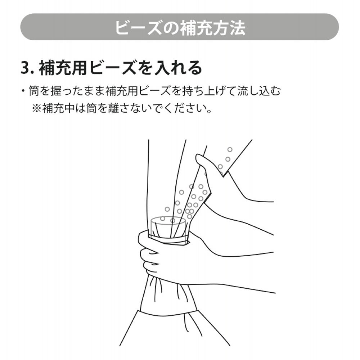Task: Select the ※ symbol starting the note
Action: pyautogui.click(x=37, y=108)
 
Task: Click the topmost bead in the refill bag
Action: pyautogui.click(x=230, y=149)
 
